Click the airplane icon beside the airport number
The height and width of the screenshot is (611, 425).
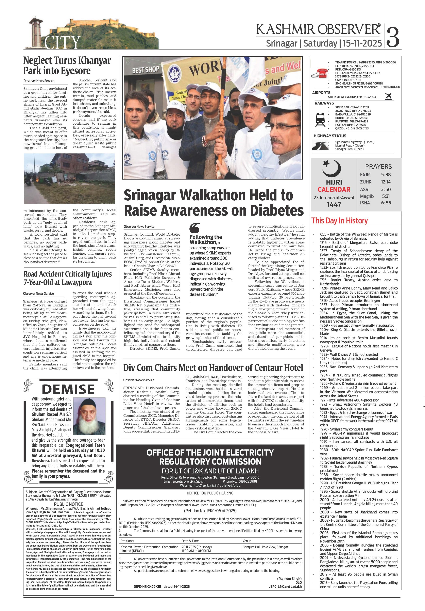point(388,96)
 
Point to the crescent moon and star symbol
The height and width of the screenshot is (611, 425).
point(331,169)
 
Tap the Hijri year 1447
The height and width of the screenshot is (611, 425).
point(334,204)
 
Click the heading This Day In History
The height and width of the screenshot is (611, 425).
point(339,221)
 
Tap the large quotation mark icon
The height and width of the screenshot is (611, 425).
point(195,228)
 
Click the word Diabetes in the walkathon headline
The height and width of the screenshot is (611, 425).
point(276,211)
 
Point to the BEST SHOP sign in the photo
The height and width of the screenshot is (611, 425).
point(146,70)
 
